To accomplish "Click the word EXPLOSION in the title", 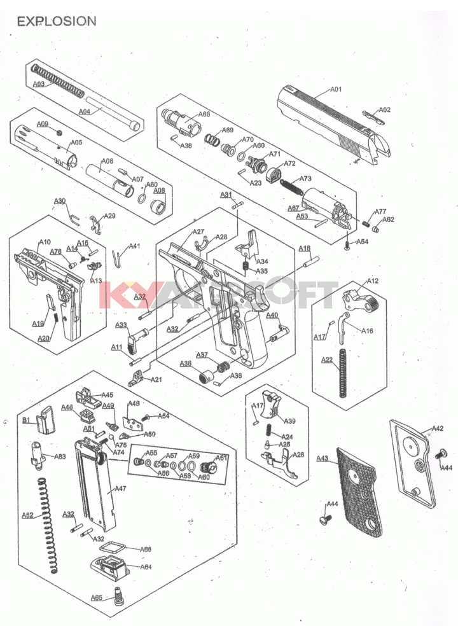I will point(57,21).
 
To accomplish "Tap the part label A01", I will point(335,89).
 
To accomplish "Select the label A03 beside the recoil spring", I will point(39,83).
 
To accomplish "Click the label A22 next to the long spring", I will point(326,360).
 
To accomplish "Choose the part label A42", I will point(438,429).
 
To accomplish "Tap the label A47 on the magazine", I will point(120,489).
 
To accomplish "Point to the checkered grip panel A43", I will point(358,490).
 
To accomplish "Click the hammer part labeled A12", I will point(359,300).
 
